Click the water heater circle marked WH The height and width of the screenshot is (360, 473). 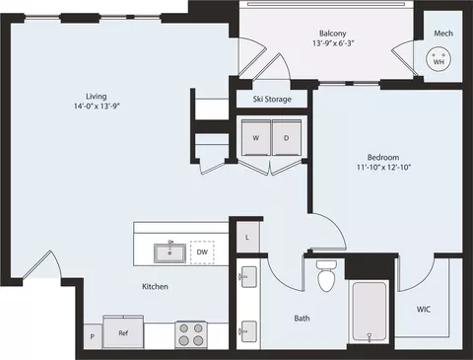439,59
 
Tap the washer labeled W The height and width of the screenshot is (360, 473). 256,137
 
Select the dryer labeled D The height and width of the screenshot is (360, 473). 287,137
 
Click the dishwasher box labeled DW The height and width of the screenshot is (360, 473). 202,252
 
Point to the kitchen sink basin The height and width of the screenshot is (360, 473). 169,253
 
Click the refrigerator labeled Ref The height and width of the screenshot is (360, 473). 123,332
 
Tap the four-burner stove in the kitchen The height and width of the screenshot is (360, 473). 191,334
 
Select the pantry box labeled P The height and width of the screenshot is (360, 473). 93,336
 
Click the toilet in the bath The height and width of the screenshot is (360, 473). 326,276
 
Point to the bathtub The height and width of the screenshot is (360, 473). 369,312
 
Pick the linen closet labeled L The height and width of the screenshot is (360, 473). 247,238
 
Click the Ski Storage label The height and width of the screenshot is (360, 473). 272,99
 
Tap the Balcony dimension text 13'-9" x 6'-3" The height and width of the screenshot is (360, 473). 333,43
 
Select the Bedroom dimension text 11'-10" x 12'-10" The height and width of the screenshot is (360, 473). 383,167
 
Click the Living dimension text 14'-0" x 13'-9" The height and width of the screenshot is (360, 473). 97,107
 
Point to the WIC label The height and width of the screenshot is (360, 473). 424,310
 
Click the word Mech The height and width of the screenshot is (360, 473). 443,34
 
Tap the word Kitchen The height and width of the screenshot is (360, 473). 155,286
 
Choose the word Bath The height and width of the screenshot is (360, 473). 302,319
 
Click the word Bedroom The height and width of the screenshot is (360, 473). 383,157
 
